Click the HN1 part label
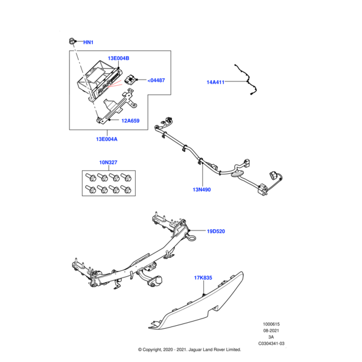pos(88,42)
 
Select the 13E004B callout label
pos(118,58)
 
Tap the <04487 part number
pos(156,80)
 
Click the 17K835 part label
pos(204,278)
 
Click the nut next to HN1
pos(71,41)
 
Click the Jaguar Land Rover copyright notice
pos(189,349)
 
